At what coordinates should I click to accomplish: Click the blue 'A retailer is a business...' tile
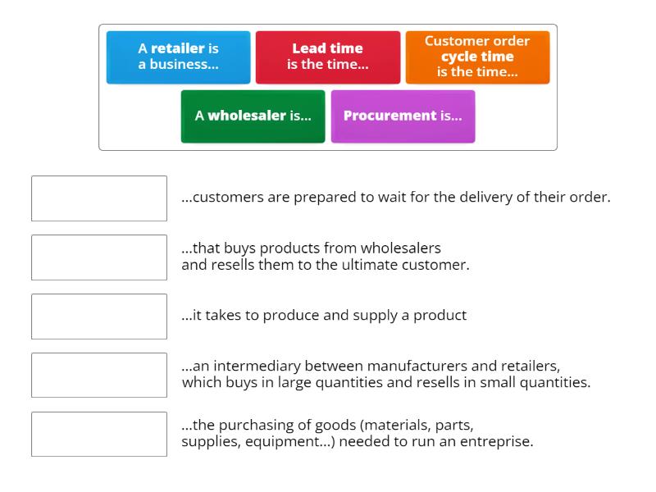(x=178, y=57)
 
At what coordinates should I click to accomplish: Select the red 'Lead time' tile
(x=328, y=57)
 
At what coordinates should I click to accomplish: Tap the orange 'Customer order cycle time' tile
(x=477, y=57)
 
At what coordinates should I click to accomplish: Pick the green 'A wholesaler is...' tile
(x=253, y=116)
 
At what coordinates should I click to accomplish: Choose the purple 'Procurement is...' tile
(x=403, y=116)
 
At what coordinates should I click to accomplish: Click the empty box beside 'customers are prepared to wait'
(x=99, y=198)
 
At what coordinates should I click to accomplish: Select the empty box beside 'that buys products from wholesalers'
(x=99, y=257)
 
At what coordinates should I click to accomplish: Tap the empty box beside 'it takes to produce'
(x=99, y=317)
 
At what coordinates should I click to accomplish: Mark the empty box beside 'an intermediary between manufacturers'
(x=99, y=376)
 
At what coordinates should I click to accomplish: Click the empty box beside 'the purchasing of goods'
(x=99, y=435)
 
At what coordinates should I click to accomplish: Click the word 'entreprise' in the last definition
(x=498, y=442)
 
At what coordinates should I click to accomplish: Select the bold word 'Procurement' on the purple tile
(x=389, y=116)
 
